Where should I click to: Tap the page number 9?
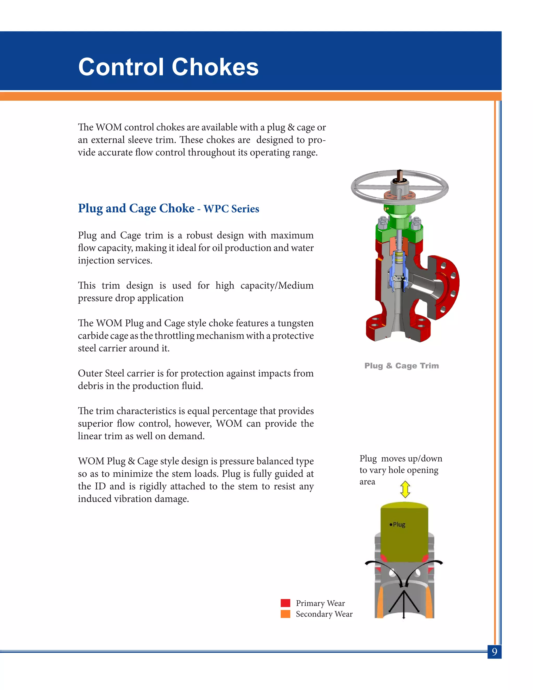(x=494, y=651)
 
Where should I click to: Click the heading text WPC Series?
(x=231, y=209)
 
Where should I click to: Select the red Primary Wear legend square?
(x=285, y=603)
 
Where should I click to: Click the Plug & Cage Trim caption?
(x=401, y=366)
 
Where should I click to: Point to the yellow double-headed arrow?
(x=405, y=490)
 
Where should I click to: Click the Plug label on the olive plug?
(x=399, y=524)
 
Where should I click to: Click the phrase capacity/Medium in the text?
(x=277, y=285)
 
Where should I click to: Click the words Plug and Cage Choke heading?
(x=136, y=208)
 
